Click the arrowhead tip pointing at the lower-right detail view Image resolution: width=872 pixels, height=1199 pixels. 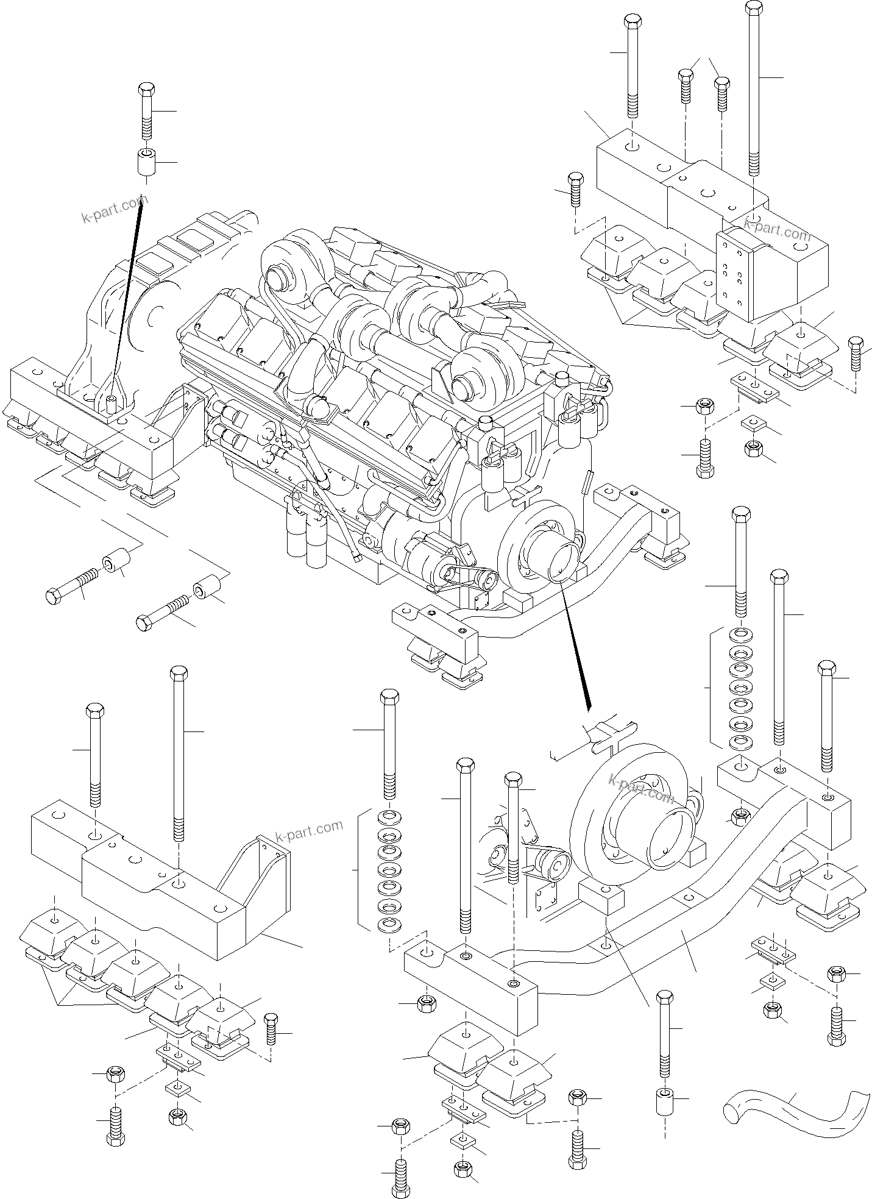coord(589,707)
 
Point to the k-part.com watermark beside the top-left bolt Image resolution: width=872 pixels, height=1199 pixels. coord(114,209)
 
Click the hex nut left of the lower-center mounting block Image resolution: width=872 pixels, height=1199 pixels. coord(426,1003)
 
